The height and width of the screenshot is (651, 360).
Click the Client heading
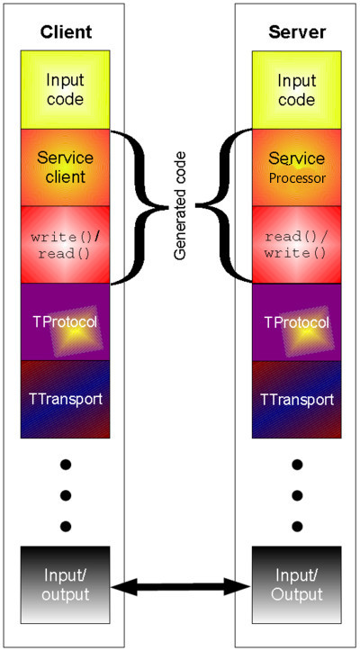66,32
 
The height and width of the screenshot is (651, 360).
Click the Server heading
297,32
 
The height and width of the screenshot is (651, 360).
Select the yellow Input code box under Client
66,90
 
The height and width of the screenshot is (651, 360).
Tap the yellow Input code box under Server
297,90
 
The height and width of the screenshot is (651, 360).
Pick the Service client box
66,167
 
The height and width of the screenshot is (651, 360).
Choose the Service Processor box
297,167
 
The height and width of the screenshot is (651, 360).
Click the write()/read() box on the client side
66,245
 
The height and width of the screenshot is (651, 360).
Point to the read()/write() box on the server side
297,245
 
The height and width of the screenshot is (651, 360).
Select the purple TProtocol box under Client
66,322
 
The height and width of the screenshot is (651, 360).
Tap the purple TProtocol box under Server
297,322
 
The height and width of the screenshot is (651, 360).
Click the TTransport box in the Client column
66,399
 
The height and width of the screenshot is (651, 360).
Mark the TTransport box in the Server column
297,399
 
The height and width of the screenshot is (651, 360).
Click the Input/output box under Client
66,585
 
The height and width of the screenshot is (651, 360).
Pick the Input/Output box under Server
297,585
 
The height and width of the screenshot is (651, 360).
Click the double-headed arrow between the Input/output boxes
181,587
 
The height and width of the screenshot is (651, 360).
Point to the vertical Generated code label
180,206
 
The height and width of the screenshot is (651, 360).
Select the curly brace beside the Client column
137,207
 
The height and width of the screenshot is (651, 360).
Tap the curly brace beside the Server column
224,206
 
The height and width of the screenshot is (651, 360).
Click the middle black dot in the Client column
66,495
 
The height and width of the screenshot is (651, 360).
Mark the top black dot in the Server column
297,465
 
